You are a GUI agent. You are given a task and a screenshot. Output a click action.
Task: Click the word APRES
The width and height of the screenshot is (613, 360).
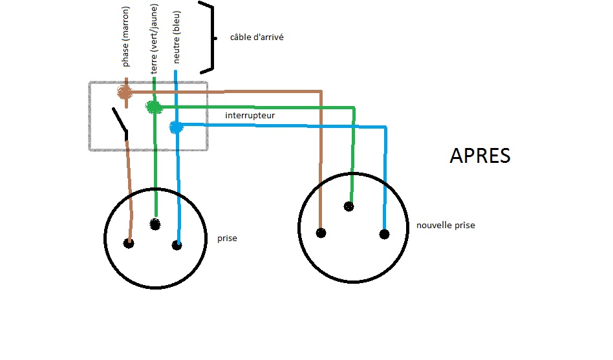pyautogui.click(x=480, y=156)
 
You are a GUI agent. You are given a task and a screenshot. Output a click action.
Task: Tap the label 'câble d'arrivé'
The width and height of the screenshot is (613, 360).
pyautogui.click(x=257, y=37)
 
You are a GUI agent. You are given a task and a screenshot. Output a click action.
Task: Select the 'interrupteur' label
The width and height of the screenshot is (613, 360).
pyautogui.click(x=250, y=116)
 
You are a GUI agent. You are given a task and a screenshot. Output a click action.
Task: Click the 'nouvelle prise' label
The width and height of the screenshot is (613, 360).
pyautogui.click(x=446, y=225)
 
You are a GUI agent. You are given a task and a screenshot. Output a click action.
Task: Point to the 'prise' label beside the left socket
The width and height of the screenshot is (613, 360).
pyautogui.click(x=227, y=238)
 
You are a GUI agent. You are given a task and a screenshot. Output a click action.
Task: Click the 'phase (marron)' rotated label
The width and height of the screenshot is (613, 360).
pyautogui.click(x=126, y=36)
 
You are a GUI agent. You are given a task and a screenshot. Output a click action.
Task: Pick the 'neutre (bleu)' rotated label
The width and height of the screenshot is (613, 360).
pyautogui.click(x=176, y=37)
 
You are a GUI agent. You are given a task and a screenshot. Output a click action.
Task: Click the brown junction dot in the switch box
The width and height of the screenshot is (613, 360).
pyautogui.click(x=125, y=92)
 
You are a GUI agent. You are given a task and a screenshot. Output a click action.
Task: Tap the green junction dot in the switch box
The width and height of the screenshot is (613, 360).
pyautogui.click(x=154, y=107)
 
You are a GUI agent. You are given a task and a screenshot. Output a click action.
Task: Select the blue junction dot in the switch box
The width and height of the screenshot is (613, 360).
pyautogui.click(x=175, y=127)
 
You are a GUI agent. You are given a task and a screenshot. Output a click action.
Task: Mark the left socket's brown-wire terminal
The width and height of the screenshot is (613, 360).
pyautogui.click(x=129, y=244)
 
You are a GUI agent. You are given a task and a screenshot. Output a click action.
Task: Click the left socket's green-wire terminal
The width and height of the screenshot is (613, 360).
pyautogui.click(x=155, y=224)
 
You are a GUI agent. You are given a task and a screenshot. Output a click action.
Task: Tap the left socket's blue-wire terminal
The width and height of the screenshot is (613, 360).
pyautogui.click(x=177, y=245)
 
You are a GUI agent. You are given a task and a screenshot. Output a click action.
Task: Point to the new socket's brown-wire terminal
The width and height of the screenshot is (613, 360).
pyautogui.click(x=321, y=233)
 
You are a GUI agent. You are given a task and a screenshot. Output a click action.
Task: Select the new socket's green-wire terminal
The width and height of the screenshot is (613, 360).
pyautogui.click(x=349, y=207)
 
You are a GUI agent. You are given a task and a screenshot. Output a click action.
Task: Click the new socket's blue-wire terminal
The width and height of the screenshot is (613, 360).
pyautogui.click(x=384, y=234)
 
